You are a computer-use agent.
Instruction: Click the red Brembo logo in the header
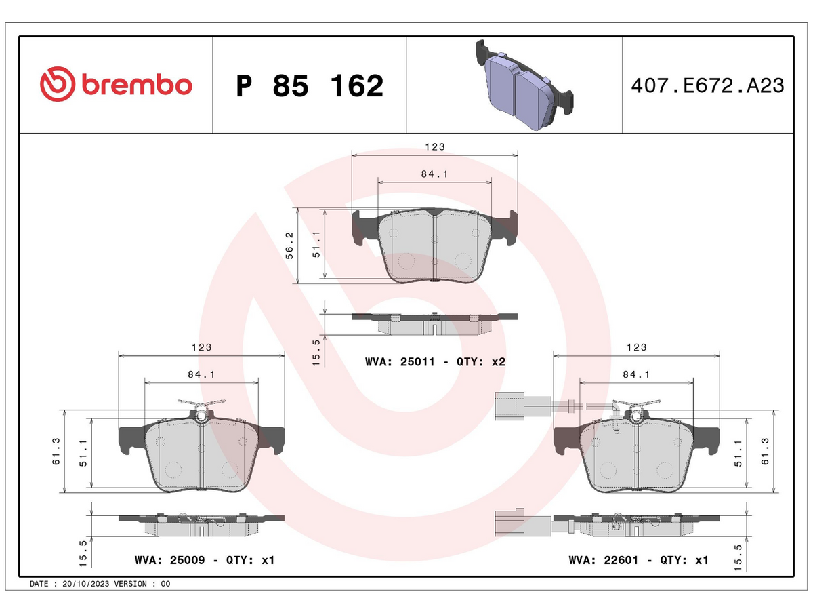[116, 84]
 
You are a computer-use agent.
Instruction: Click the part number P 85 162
[310, 86]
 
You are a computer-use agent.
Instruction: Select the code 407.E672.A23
[707, 85]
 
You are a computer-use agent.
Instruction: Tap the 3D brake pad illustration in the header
[524, 85]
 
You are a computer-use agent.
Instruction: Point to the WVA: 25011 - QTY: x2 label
[435, 361]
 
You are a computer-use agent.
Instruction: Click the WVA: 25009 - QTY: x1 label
[205, 560]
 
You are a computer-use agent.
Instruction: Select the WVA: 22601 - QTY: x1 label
[639, 560]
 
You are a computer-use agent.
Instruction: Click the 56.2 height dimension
[289, 245]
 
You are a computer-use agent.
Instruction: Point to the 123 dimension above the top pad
[435, 146]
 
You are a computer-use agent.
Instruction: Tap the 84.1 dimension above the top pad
[434, 174]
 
